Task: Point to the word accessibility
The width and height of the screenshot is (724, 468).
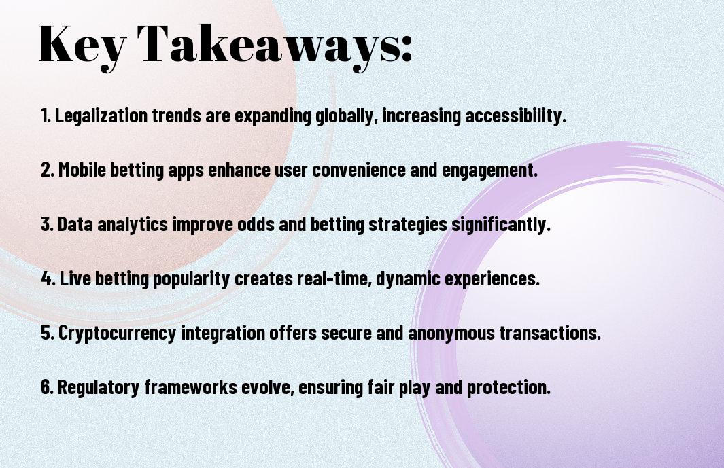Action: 515,115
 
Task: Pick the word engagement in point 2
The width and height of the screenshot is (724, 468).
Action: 490,170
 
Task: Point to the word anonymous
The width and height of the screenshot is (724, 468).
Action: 451,333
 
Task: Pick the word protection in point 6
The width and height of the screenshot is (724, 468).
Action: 508,387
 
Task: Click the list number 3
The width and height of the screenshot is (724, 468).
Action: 47,224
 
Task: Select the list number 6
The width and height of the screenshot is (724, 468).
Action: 47,386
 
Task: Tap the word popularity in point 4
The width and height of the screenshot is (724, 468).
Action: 191,278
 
